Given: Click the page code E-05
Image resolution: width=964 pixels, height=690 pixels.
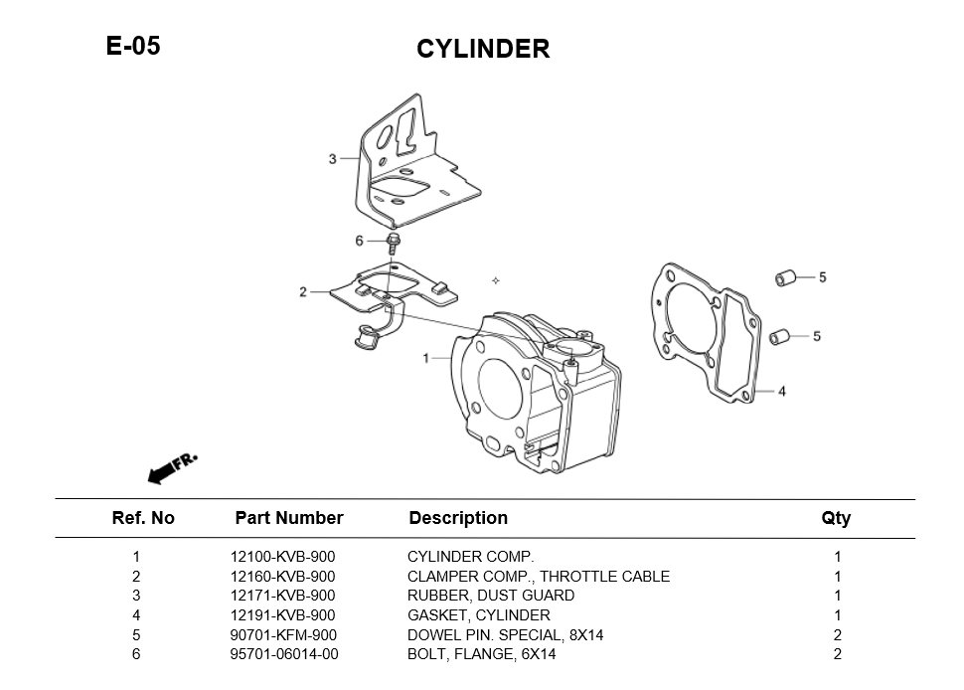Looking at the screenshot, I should (133, 46).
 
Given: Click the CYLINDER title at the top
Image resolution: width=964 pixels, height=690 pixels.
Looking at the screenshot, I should (482, 49).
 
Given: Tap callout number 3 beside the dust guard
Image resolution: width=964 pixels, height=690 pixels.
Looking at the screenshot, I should (332, 159).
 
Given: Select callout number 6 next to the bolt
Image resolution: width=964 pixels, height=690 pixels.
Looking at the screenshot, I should (359, 241).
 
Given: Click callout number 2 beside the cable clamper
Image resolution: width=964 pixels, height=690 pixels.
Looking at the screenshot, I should (303, 292).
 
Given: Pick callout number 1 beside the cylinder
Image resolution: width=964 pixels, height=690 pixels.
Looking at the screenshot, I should (426, 358).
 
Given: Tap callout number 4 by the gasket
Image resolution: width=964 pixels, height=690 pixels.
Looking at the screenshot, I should (782, 392).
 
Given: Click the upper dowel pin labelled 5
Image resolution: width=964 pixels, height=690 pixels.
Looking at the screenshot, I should (785, 276).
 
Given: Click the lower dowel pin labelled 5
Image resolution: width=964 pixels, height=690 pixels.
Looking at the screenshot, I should (780, 335).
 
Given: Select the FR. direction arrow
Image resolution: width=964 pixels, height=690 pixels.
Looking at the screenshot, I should (172, 468).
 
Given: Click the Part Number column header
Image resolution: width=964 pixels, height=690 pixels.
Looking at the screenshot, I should (288, 518).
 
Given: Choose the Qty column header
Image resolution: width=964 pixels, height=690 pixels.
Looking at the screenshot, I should (836, 518).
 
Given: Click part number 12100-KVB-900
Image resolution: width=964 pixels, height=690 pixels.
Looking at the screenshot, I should (282, 558).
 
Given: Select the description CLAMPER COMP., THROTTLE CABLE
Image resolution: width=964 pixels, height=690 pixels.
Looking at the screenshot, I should (538, 577).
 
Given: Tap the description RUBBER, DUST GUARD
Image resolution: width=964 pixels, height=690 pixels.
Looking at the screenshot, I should (490, 596).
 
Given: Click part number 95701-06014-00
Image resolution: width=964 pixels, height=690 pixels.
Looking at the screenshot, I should (284, 654).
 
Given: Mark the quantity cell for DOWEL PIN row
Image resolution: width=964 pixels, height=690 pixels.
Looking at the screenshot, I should (838, 635).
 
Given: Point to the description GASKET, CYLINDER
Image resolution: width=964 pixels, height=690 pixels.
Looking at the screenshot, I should (478, 615).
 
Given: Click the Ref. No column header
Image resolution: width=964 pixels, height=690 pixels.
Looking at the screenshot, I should (143, 518).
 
